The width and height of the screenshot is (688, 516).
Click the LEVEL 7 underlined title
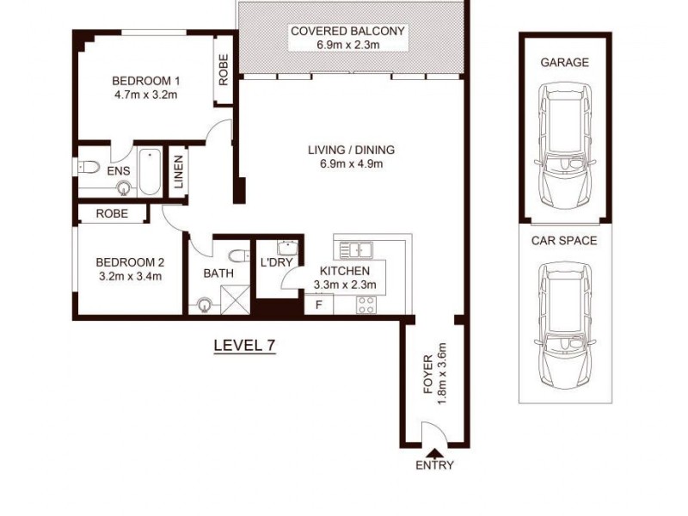(243, 346)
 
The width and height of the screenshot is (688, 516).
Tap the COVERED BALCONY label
(347, 31)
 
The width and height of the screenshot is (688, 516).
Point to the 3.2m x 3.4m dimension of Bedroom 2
(130, 276)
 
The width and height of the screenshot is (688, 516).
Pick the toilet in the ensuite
(90, 166)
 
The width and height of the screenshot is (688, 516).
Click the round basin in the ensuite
(126, 187)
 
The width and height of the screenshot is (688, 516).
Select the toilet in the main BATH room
(236, 254)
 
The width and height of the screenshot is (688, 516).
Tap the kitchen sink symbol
(356, 250)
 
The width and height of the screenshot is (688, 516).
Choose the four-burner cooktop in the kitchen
(366, 304)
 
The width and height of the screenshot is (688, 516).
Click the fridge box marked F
(318, 304)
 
